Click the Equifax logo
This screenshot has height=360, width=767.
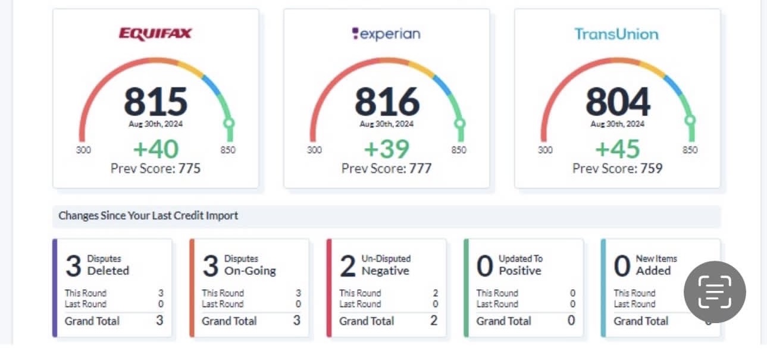tap(155, 33)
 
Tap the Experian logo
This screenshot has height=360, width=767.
tap(386, 34)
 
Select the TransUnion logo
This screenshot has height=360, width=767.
tap(616, 34)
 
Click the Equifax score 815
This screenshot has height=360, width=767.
tap(155, 102)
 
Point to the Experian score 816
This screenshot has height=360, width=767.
tap(386, 102)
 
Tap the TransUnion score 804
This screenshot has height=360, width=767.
tap(617, 102)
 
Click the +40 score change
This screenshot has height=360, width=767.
tap(155, 149)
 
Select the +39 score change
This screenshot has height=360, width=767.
tap(386, 149)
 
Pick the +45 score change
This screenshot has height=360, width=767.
tap(617, 149)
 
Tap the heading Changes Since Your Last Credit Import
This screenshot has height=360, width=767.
tap(148, 216)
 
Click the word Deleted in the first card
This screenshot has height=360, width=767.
tap(108, 271)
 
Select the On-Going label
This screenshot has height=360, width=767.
tap(250, 271)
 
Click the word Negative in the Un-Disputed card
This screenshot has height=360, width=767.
tap(386, 271)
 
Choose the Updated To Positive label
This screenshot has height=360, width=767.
tap(521, 265)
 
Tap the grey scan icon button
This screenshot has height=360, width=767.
tap(714, 292)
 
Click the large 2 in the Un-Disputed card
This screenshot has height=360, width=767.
tap(348, 267)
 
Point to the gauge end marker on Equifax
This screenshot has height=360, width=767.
tap(229, 123)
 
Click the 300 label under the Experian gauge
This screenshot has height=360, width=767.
tap(314, 150)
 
